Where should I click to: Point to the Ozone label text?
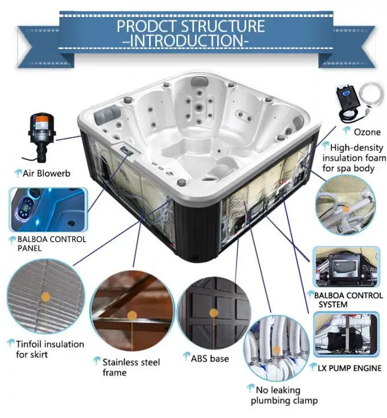coord(367,132)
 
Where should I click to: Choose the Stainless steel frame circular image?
coord(132,314)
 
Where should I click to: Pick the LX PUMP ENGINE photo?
coord(347,334)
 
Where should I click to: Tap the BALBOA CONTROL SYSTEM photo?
coord(347,267)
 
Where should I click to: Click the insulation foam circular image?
coord(345,204)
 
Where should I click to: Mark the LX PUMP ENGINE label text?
coord(349,368)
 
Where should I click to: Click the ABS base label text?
coord(210,358)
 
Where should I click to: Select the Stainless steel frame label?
coord(130,367)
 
